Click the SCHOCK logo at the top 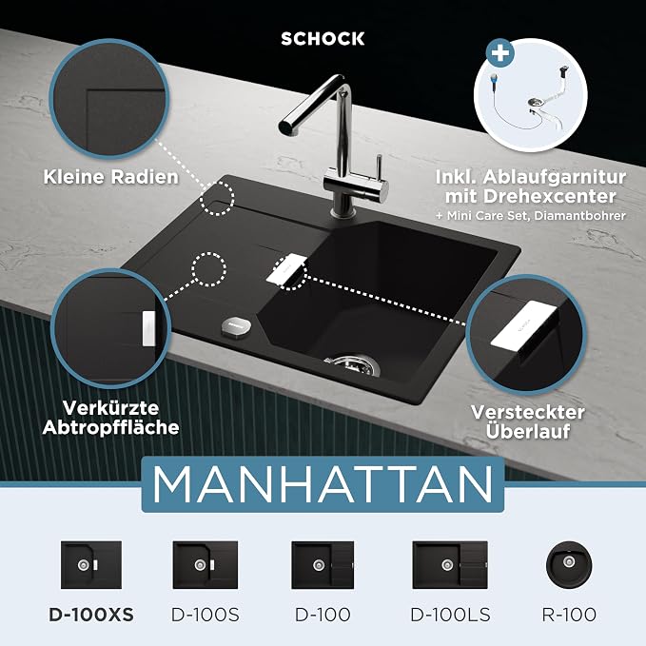(323, 39)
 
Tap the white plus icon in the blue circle (500, 53)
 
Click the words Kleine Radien (110, 177)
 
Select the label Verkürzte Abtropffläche (110, 418)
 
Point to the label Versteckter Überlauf (528, 421)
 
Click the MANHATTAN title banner (323, 484)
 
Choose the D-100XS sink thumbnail (91, 565)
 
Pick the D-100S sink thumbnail (206, 565)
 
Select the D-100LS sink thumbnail (450, 565)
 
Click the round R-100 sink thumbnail (569, 564)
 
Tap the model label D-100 (323, 615)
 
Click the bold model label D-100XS (91, 615)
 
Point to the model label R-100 (569, 615)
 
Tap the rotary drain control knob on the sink (236, 327)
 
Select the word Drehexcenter (550, 196)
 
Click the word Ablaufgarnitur (555, 177)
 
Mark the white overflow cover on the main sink (286, 267)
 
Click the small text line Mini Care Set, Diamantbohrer (536, 215)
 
